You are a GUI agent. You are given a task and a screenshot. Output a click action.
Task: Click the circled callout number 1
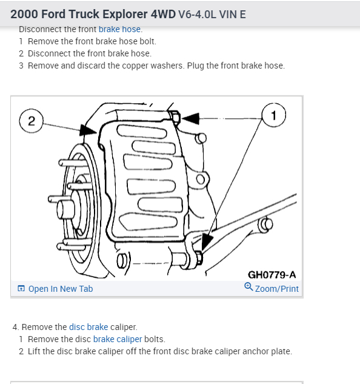(273, 115)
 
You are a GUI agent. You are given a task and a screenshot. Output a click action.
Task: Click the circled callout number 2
(32, 121)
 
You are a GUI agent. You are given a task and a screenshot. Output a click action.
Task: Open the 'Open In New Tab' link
(61, 289)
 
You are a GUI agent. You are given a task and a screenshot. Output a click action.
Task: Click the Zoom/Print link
(276, 289)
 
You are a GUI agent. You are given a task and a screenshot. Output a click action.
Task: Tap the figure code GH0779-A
(272, 275)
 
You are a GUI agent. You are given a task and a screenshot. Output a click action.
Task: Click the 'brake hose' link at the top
(119, 29)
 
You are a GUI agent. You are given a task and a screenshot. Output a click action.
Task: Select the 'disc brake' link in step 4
(88, 327)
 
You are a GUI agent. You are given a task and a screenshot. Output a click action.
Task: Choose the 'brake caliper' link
(118, 339)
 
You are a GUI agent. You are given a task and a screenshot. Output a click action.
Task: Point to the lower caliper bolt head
(199, 258)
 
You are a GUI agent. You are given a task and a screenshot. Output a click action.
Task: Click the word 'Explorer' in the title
(125, 14)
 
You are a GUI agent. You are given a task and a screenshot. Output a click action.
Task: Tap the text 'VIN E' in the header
(233, 15)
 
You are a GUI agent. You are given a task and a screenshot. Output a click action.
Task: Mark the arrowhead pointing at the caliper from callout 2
(88, 130)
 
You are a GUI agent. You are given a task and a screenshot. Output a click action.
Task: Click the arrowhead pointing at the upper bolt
(190, 118)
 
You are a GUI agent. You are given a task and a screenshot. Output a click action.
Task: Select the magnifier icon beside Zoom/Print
(248, 286)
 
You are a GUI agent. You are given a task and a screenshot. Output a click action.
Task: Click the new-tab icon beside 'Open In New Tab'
(21, 289)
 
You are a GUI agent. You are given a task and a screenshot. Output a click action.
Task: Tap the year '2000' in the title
(24, 14)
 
